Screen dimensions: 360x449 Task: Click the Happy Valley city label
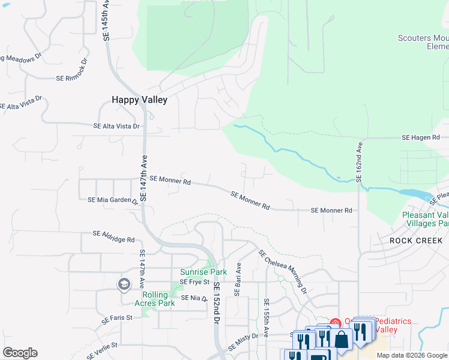point(139,100)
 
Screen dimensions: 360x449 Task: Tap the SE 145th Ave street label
point(107,20)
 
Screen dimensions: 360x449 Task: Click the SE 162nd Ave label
point(360,160)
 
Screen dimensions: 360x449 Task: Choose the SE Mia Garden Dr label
point(113,200)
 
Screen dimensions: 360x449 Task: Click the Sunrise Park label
point(203,272)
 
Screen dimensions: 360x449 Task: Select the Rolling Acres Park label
point(158,299)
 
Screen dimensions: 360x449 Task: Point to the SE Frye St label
point(194,281)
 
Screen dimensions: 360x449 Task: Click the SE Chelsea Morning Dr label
point(283,271)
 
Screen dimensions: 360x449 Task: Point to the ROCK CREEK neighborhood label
point(416,241)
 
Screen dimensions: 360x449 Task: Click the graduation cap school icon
point(124,284)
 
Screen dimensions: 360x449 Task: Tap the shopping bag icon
point(342,340)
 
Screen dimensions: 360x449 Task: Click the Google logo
point(20,353)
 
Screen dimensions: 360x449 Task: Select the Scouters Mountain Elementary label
point(423,42)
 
